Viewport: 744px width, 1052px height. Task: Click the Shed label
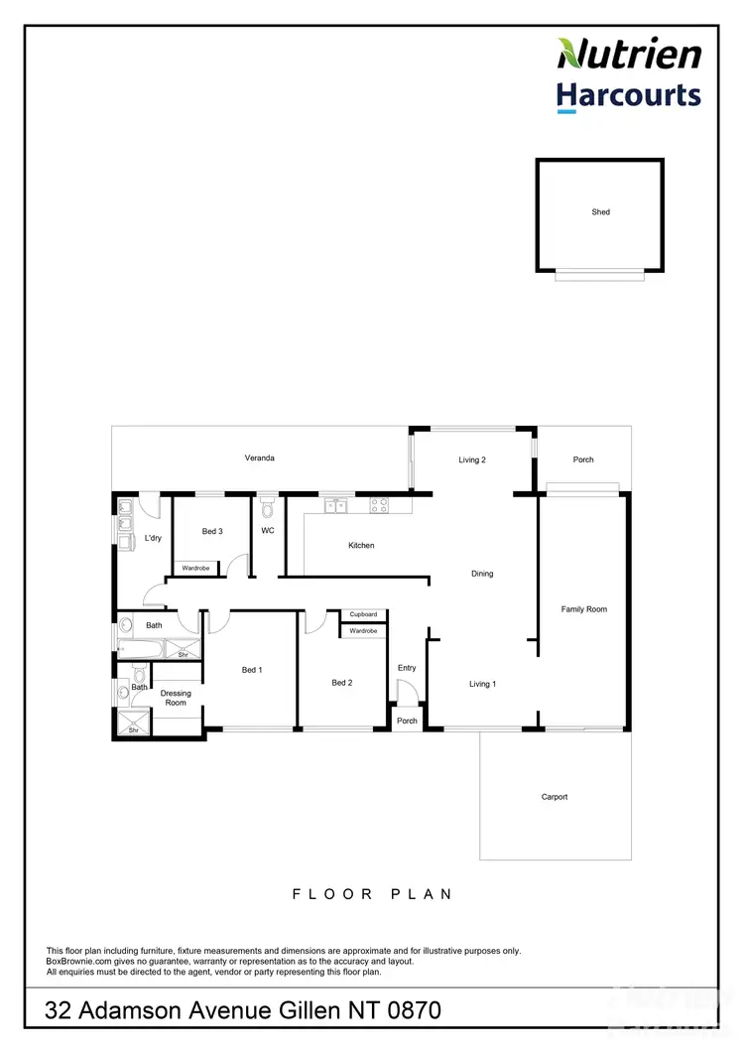[600, 212]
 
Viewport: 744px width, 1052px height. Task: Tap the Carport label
[555, 797]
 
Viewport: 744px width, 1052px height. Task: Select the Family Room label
[583, 609]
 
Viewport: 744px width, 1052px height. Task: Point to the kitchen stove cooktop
[379, 504]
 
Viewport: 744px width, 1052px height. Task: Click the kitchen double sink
[335, 505]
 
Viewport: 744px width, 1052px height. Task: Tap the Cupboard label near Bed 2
[363, 614]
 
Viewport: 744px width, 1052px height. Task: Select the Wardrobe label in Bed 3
[195, 568]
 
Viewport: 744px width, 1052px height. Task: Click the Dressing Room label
[175, 698]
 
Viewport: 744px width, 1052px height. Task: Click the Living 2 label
[471, 460]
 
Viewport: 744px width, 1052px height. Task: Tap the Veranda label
[259, 458]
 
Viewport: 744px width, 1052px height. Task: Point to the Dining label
[482, 574]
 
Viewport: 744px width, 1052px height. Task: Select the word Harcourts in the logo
[628, 95]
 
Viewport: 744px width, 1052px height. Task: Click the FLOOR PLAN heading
[372, 893]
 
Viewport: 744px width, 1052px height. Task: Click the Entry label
[407, 668]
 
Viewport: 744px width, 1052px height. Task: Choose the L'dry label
[153, 538]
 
